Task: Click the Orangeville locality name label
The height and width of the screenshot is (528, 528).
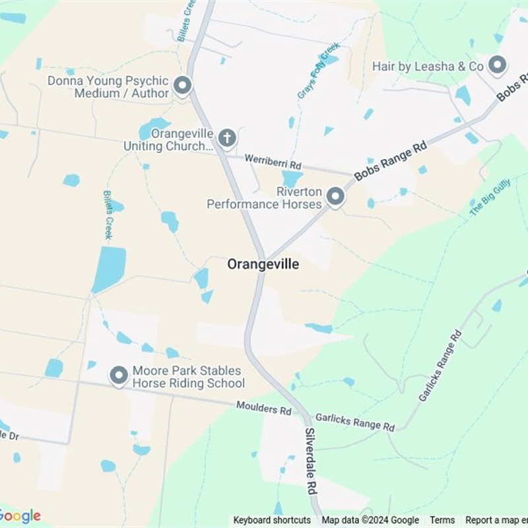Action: [x=263, y=264]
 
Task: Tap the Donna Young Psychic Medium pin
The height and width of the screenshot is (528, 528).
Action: [x=182, y=86]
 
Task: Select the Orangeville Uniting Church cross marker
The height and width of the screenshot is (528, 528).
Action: [x=227, y=138]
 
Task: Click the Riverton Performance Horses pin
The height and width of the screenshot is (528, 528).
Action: [x=335, y=197]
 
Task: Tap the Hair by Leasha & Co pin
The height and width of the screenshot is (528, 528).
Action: [x=497, y=65]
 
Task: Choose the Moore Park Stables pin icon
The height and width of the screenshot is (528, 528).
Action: [x=119, y=376]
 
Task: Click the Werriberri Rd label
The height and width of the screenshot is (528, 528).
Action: [x=273, y=160]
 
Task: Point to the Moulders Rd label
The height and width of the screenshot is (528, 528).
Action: [x=264, y=409]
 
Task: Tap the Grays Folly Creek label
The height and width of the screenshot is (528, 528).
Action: [x=318, y=71]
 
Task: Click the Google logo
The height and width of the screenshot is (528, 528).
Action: [x=20, y=516]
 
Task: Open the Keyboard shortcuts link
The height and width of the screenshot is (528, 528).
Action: [x=272, y=520]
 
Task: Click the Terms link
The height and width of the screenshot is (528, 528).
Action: [x=443, y=520]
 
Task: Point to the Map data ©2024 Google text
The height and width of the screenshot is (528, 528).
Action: [x=370, y=520]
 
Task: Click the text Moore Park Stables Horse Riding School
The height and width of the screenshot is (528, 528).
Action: [x=188, y=377]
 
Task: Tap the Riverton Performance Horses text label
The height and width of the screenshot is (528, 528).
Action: [x=264, y=198]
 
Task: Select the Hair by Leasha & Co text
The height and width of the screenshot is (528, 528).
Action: [x=428, y=66]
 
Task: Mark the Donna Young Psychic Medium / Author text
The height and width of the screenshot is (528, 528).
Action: [x=108, y=87]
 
